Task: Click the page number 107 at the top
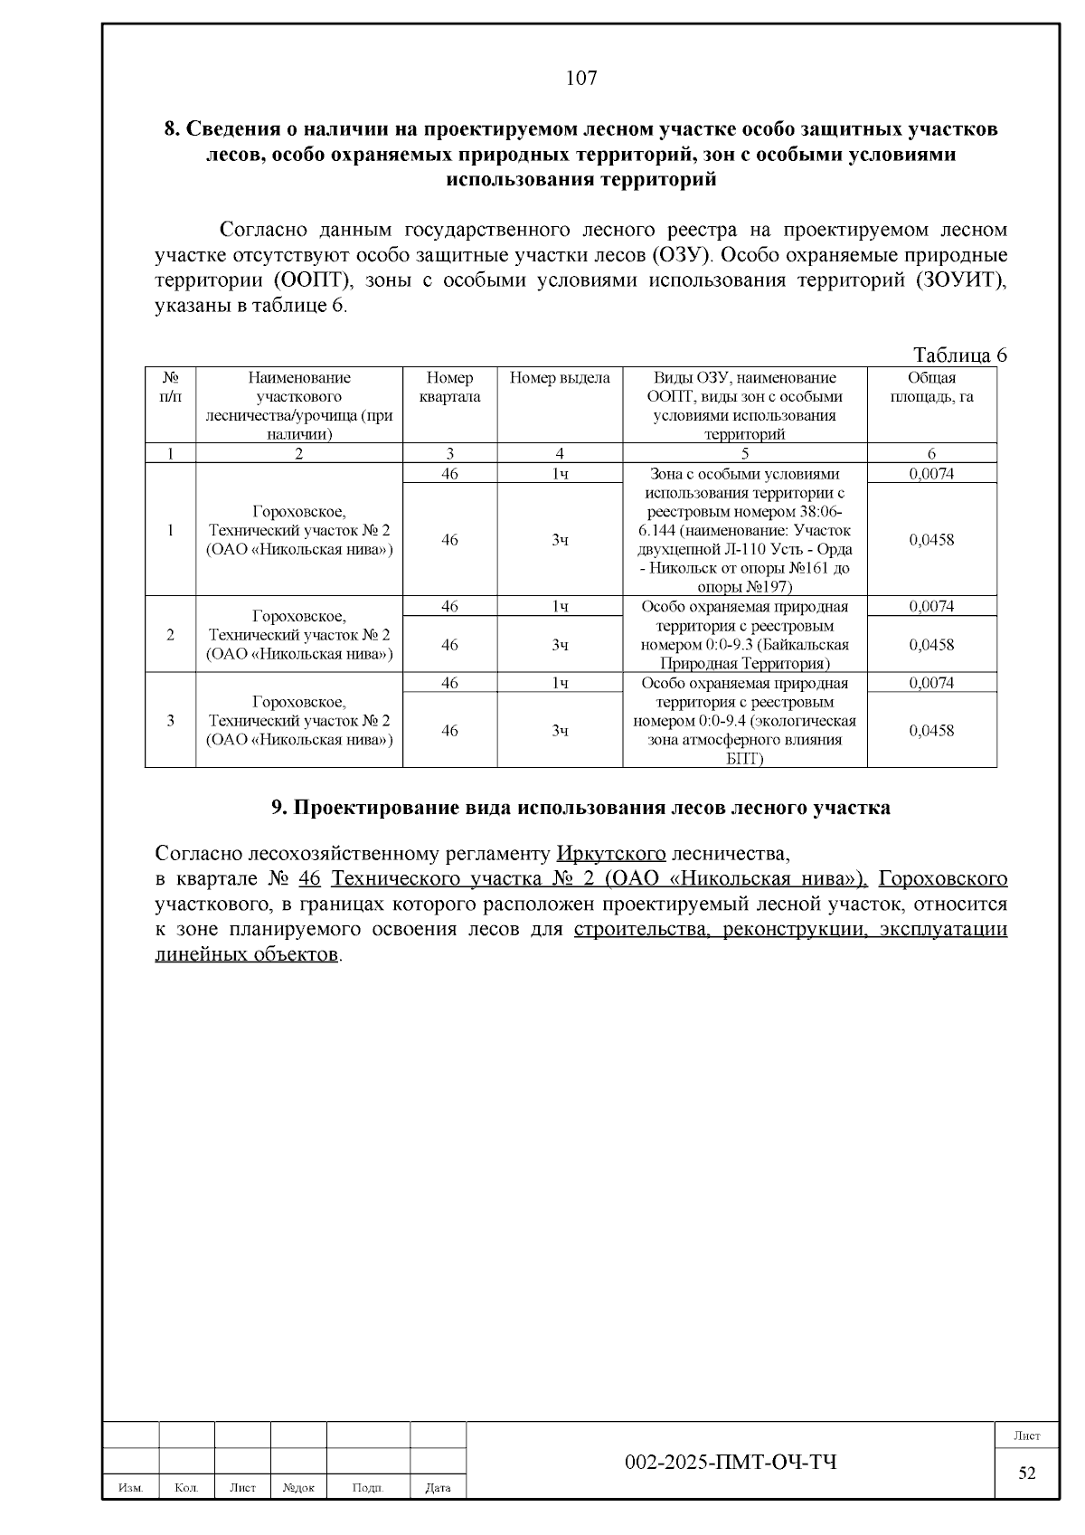[x=581, y=78]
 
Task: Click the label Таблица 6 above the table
[x=959, y=355]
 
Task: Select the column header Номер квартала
[x=449, y=387]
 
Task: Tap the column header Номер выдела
[x=560, y=378]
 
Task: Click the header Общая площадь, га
[x=931, y=387]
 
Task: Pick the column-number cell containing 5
[x=744, y=454]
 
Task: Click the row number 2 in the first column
[x=170, y=635]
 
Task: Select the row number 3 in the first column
[x=170, y=721]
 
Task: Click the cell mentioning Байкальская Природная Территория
[x=744, y=635]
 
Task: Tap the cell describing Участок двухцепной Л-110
[x=744, y=530]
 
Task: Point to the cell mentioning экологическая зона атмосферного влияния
[x=744, y=721]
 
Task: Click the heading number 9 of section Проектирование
[x=278, y=808]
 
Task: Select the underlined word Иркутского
[x=611, y=854]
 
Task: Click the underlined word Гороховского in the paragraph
[x=943, y=879]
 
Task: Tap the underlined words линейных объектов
[x=247, y=955]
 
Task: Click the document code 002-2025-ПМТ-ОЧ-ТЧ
[x=731, y=1463]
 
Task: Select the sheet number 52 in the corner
[x=1027, y=1473]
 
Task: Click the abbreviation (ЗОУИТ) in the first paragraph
[x=961, y=280]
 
